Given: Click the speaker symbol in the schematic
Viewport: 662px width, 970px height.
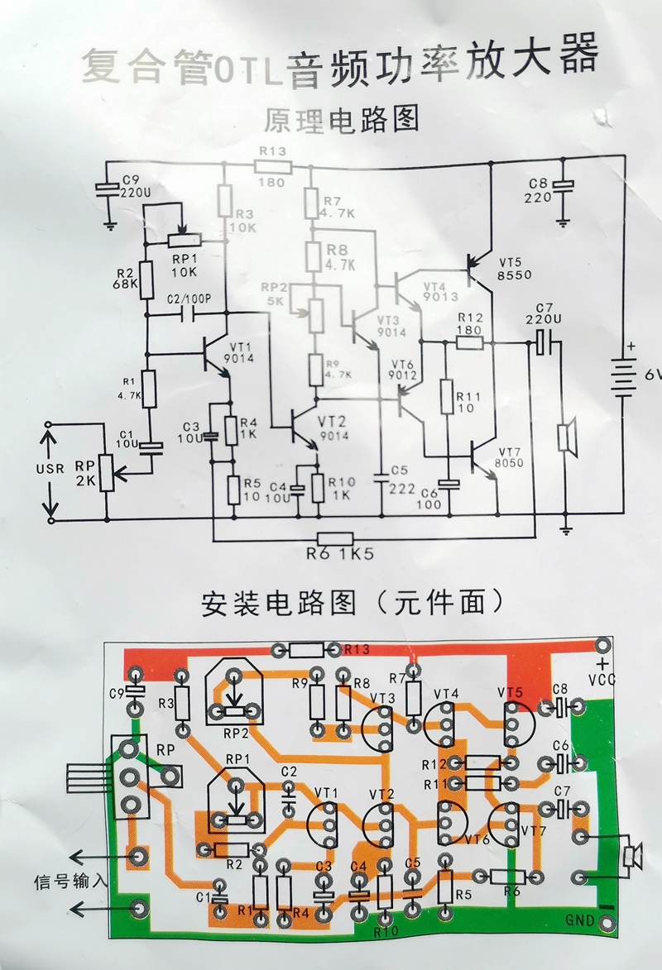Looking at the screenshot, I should [567, 437].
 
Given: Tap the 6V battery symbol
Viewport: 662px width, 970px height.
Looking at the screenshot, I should [622, 376].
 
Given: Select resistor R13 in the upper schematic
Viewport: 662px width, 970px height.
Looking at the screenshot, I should [273, 166].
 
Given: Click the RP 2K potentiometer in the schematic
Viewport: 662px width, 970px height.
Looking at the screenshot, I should [106, 472].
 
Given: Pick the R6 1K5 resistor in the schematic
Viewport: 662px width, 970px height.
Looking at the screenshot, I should [335, 538].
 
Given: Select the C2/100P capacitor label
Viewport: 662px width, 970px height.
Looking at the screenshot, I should [189, 299].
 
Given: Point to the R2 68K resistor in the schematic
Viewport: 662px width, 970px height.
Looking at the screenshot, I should [146, 280].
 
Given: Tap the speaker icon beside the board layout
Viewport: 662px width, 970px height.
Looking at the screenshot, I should [633, 856].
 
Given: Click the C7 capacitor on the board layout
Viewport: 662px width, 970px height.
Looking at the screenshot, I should [563, 805].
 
